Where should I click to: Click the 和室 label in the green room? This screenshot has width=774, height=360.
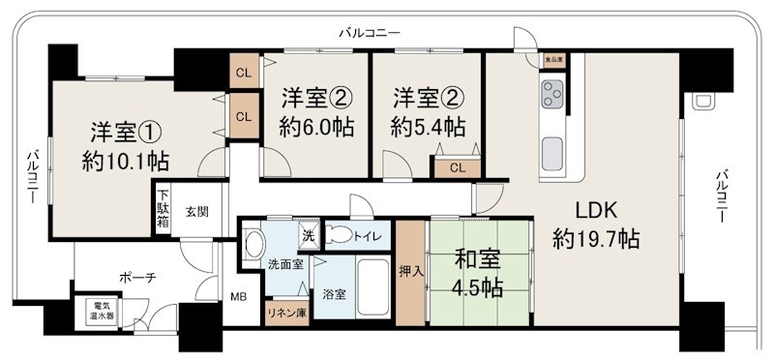(478, 259)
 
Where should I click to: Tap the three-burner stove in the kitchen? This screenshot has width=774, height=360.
(553, 95)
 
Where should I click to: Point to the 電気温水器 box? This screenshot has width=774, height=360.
(98, 314)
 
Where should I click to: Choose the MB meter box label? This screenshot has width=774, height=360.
(238, 298)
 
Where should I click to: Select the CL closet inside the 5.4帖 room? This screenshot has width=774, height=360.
(456, 167)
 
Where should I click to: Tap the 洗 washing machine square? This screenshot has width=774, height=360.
(308, 235)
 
